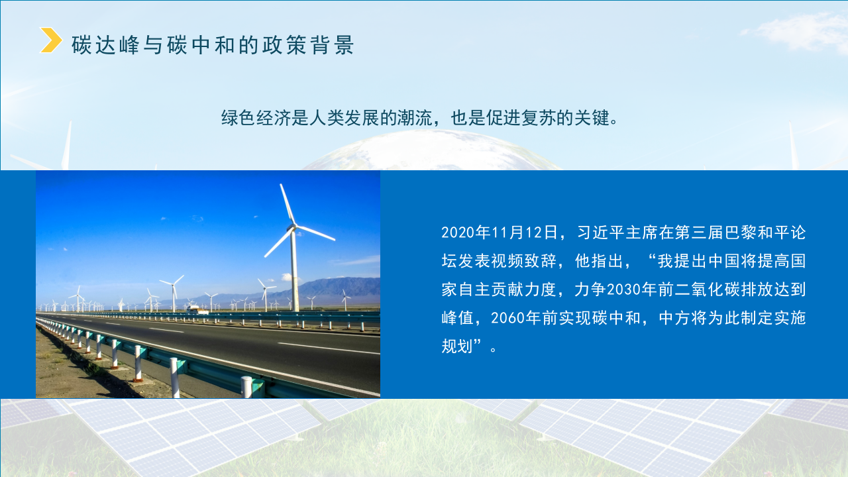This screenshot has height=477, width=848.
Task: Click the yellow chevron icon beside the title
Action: [x=51, y=40]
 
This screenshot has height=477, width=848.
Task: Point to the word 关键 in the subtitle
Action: [x=591, y=119]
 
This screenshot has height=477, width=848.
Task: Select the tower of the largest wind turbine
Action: [x=294, y=272]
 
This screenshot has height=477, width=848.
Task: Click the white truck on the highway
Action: [x=197, y=309]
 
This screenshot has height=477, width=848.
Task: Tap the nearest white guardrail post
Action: [x=246, y=387]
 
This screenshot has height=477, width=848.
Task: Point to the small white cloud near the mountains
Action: [x=287, y=277]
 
